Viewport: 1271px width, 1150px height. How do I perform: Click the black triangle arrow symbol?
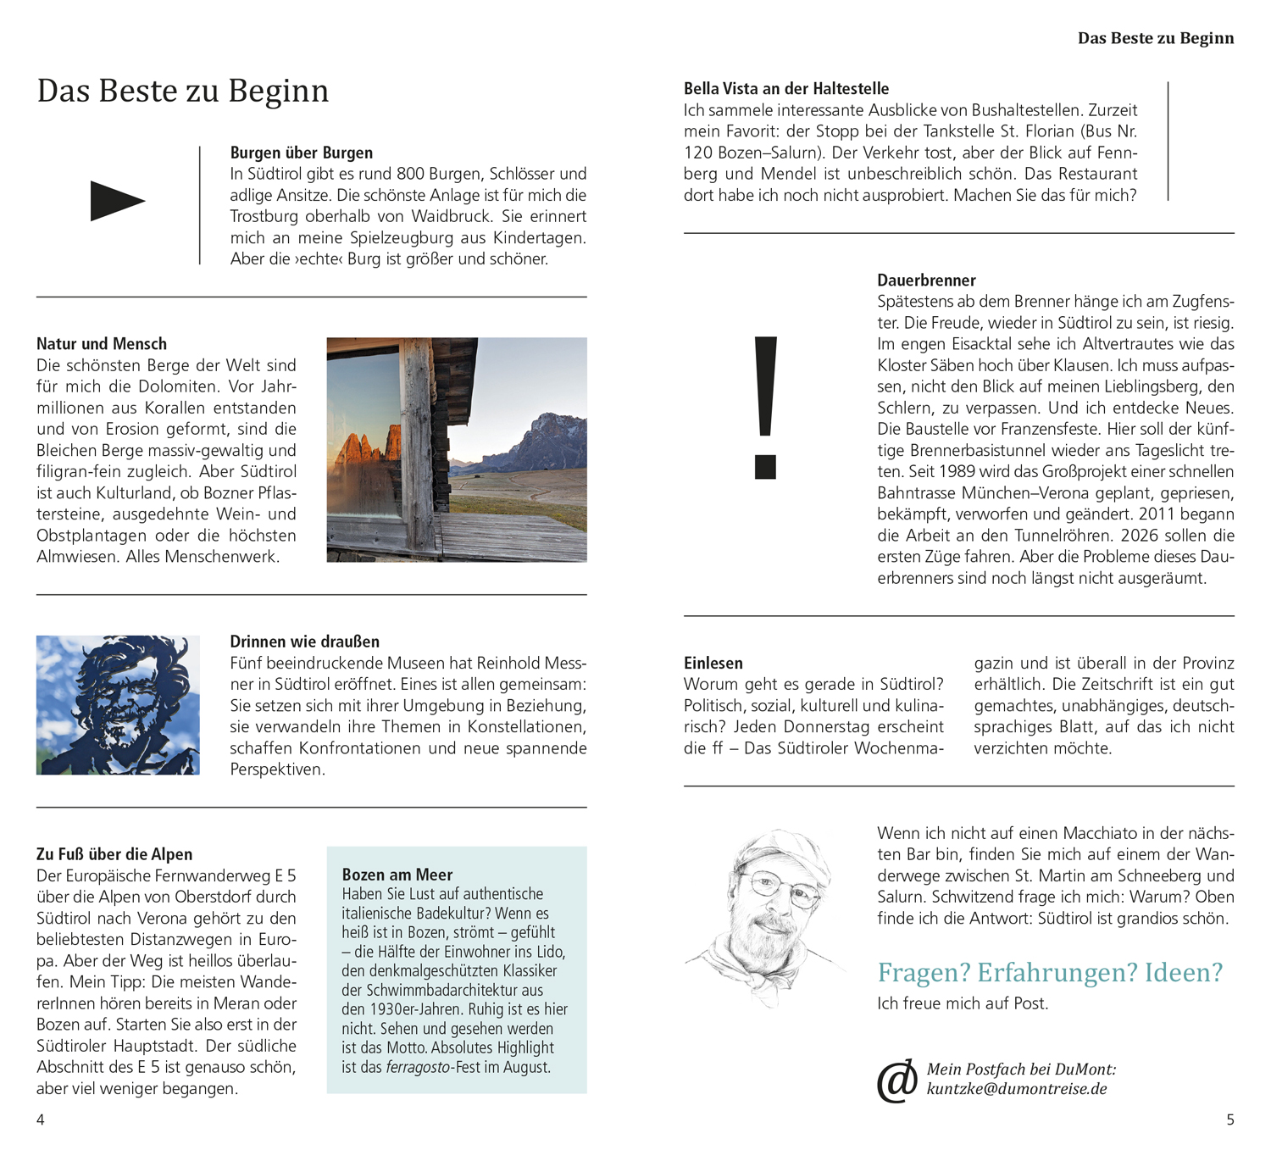(x=117, y=201)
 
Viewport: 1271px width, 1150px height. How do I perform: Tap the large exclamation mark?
(x=765, y=407)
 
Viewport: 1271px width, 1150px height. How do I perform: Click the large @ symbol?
(x=896, y=1081)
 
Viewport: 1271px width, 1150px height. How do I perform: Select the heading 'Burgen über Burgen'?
(x=302, y=153)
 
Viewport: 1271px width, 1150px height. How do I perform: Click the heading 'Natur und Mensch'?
(x=102, y=343)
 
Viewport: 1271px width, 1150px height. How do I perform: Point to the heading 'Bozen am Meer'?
(x=397, y=874)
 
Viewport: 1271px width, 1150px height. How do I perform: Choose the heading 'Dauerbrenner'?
(x=926, y=280)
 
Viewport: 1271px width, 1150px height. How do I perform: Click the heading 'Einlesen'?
(x=713, y=663)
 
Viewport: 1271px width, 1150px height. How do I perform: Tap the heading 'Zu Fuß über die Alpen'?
(x=114, y=853)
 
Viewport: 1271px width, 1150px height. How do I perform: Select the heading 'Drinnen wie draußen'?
(x=305, y=642)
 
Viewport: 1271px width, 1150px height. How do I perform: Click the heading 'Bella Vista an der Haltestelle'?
(x=786, y=88)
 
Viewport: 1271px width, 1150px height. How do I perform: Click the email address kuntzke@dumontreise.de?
(x=1017, y=1089)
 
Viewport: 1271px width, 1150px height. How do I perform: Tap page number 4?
(x=41, y=1119)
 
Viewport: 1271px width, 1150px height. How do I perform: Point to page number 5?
(x=1230, y=1119)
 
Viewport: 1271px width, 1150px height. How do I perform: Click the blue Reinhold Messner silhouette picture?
(x=118, y=704)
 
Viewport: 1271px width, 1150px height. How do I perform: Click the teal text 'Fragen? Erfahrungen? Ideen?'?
(x=1050, y=972)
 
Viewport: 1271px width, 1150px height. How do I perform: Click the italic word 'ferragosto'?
(x=419, y=1067)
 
